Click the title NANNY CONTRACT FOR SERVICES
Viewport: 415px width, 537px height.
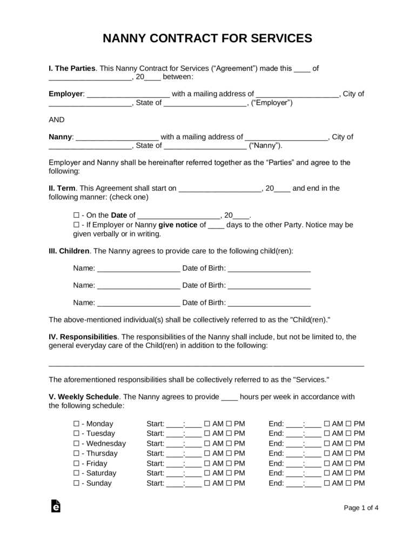tap(207, 38)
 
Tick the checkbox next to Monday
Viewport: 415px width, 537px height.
tap(76, 424)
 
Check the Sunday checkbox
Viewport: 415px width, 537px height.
tap(76, 483)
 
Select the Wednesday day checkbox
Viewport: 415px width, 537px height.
tap(76, 444)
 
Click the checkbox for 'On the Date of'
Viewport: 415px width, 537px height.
tap(76, 214)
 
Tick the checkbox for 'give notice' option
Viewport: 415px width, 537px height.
tap(76, 225)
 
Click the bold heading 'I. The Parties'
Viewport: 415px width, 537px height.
tap(72, 69)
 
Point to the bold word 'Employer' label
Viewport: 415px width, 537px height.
tap(66, 93)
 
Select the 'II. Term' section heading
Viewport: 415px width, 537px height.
tap(62, 188)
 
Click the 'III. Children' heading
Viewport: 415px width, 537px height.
tap(70, 251)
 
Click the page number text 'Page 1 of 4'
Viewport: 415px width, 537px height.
tap(361, 507)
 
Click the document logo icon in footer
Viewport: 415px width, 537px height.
tap(55, 506)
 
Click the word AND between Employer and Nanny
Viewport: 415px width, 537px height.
tap(57, 119)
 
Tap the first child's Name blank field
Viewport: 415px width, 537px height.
tap(139, 268)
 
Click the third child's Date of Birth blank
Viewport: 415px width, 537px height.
tap(269, 303)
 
